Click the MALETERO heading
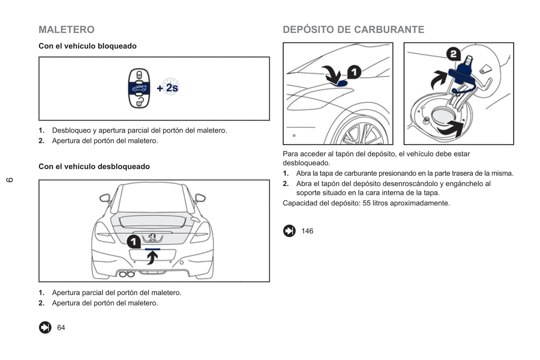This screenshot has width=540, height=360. coord(67,30)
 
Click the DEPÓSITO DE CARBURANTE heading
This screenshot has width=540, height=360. coord(353,30)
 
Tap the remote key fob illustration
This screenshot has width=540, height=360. coord(139,89)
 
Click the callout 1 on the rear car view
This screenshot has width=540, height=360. coord(134,242)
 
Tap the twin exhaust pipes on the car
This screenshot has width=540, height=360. coord(126,274)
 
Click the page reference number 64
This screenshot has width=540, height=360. coord(61,328)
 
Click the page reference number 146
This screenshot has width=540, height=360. coord(307,231)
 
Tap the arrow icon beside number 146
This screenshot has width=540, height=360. coord(289,231)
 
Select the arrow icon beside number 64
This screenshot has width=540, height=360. coord(45,328)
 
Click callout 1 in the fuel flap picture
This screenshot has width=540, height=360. coord(354,72)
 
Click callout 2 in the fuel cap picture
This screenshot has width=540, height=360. coord(453,54)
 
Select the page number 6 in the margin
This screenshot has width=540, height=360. coord(10,180)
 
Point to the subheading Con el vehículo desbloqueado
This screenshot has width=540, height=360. coord(94,167)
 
